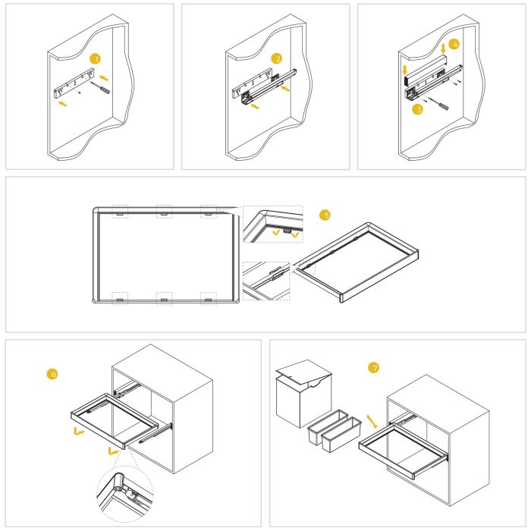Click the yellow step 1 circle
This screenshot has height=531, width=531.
[94, 58]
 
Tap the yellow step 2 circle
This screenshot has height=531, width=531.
[278, 58]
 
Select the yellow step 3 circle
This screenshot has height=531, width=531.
[416, 109]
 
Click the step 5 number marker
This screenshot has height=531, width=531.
[326, 215]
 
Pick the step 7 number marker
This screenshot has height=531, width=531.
[372, 368]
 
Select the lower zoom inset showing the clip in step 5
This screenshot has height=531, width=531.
[266, 280]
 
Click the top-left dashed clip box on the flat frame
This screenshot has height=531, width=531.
[120, 212]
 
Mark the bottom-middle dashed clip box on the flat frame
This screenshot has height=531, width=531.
[164, 298]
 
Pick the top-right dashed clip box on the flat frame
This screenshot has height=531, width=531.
[209, 212]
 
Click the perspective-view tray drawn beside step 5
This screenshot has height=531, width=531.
[356, 262]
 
